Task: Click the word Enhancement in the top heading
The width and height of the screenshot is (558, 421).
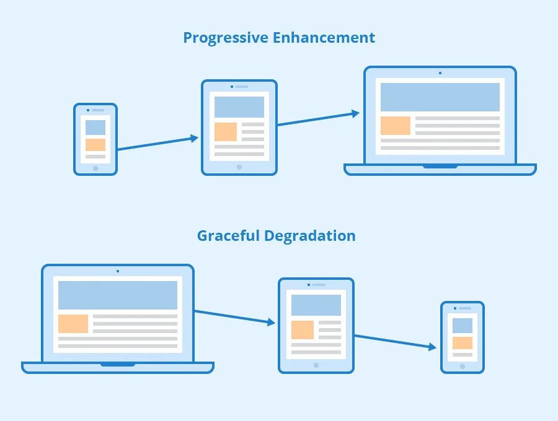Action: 324,38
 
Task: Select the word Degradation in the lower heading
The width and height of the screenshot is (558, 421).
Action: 310,236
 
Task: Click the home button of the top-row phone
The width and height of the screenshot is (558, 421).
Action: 95,168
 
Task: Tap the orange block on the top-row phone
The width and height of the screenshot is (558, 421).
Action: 95,145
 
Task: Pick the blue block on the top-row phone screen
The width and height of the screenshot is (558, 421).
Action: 95,128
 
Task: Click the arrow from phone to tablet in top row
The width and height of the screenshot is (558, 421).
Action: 157,144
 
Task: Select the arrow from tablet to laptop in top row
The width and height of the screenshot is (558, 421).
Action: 318,119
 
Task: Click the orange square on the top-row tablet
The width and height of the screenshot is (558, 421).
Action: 226,132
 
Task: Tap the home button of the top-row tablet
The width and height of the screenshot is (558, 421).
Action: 239,167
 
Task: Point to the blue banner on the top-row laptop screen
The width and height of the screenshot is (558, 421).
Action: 440,97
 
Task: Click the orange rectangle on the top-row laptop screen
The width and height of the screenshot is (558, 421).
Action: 396,126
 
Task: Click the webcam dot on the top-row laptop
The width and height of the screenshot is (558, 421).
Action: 440,73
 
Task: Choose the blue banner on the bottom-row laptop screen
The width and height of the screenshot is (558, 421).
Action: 118,295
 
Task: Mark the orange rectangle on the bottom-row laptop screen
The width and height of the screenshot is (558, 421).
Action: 73,324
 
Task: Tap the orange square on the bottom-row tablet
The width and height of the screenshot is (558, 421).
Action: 303,330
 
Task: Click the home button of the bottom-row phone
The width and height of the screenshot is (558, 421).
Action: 463,367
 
